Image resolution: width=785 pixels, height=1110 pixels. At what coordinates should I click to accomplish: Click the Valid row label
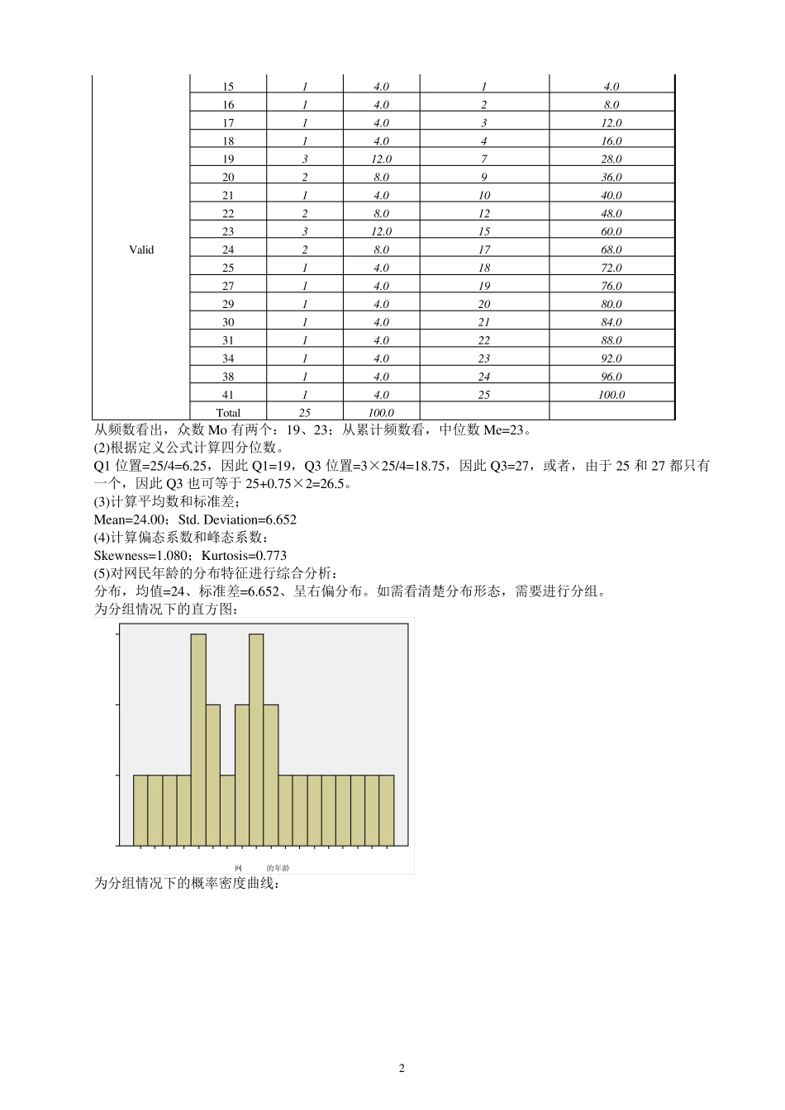click(x=141, y=249)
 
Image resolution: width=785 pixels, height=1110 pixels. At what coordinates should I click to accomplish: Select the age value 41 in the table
click(x=228, y=395)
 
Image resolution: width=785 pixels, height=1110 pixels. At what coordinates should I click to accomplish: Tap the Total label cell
click(x=228, y=413)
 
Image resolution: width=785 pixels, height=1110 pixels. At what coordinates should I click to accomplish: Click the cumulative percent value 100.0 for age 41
click(x=611, y=395)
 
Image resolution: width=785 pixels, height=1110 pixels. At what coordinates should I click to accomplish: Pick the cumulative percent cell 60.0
click(x=611, y=231)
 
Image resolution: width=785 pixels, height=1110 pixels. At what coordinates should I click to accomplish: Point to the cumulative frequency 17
click(x=484, y=249)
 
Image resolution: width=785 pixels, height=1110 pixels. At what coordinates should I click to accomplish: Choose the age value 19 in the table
click(x=228, y=159)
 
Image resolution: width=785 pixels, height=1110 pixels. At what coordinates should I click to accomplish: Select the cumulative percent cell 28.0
click(x=611, y=159)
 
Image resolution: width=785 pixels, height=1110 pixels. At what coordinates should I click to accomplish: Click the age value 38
click(x=228, y=377)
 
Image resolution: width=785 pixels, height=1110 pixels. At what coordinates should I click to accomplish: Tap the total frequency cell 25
click(x=305, y=413)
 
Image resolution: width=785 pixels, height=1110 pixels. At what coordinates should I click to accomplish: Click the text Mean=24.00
click(x=131, y=519)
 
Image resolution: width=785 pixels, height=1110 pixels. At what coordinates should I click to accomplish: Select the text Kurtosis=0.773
click(x=244, y=556)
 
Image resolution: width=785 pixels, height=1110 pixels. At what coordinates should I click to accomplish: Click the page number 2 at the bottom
click(x=402, y=1068)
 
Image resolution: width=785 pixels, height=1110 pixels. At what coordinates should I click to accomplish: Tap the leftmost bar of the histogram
click(x=140, y=810)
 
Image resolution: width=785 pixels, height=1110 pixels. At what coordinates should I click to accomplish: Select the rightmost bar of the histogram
click(x=387, y=810)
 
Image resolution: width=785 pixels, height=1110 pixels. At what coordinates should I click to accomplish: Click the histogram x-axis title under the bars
click(x=262, y=868)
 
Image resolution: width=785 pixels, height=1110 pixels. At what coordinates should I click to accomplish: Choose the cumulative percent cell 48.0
click(x=611, y=213)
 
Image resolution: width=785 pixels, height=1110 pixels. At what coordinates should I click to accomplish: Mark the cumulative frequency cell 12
click(x=484, y=213)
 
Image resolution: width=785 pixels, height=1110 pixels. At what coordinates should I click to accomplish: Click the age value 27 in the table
click(x=228, y=286)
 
